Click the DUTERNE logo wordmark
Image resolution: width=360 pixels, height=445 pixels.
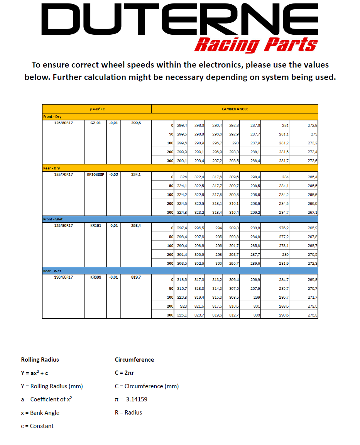pos(179,19)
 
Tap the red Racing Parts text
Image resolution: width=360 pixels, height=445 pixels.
pos(255,45)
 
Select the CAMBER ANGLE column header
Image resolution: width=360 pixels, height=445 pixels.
pos(235,109)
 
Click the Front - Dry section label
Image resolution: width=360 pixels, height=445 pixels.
pos(52,117)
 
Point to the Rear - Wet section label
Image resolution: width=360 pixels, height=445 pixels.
pos(52,271)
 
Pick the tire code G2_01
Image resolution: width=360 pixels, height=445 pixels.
pos(95,124)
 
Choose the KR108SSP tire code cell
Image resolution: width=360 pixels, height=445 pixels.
pos(95,175)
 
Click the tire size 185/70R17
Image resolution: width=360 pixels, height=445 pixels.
pos(63,175)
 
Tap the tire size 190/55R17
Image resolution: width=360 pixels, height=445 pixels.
pos(63,277)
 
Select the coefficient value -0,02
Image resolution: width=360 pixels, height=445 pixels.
pos(113,175)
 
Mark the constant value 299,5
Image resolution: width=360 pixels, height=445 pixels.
pos(136,124)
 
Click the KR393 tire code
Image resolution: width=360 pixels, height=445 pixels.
pos(95,277)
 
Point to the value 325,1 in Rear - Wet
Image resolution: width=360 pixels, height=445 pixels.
pos(182,315)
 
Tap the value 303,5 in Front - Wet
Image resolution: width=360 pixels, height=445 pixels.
pos(182,264)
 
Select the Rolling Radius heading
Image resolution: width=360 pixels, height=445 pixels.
pos(40,360)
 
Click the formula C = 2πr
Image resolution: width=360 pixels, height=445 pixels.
pos(124,373)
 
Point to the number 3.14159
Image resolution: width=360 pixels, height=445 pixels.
pos(136,399)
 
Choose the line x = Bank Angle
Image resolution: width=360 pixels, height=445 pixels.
pos(40,413)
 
